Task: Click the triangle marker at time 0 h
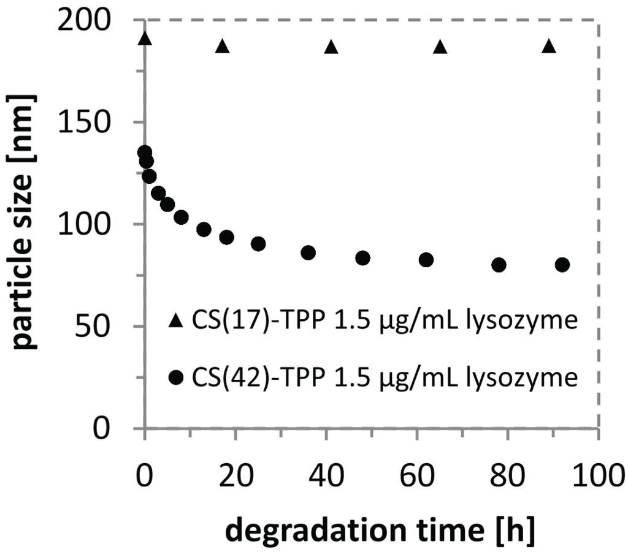coord(145,39)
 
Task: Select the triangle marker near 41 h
coord(331,47)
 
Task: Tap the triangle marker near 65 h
coord(440,47)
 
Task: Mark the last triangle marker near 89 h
coord(549,47)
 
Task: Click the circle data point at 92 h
coord(562,265)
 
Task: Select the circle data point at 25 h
coord(258,244)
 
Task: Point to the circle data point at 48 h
coord(362,258)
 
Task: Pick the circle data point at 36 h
coord(308,252)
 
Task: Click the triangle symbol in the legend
coord(176,320)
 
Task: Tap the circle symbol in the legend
coord(176,379)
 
